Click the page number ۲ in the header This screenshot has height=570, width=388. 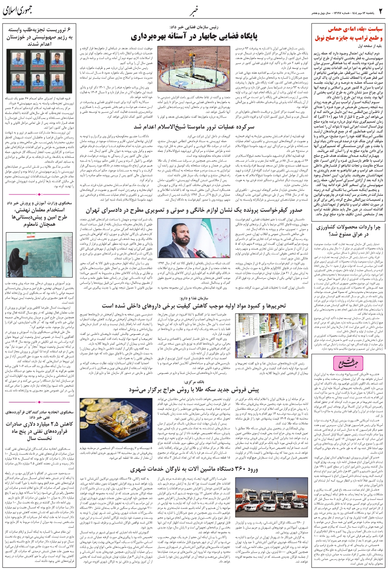pos(380,9)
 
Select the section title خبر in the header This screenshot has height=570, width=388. pos(193,9)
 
